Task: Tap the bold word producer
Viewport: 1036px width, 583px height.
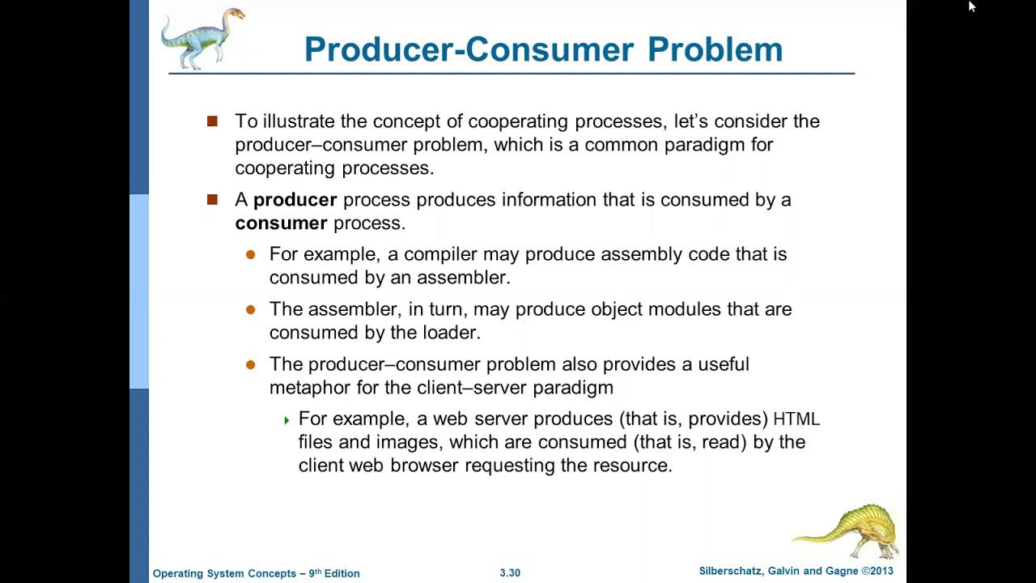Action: point(295,200)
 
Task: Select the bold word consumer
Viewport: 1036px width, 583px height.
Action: point(281,223)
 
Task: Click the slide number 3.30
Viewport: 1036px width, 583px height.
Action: point(510,573)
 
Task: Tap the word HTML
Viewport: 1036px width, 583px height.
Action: point(796,419)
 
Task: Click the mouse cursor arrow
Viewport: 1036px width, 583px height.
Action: point(971,6)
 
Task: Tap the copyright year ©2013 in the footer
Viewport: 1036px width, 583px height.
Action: point(877,572)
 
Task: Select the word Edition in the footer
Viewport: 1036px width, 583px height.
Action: point(342,573)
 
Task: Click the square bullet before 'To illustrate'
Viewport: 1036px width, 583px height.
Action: point(213,121)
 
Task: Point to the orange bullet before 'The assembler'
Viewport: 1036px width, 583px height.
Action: point(251,309)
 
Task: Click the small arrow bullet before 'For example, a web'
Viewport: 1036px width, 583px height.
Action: point(287,420)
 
